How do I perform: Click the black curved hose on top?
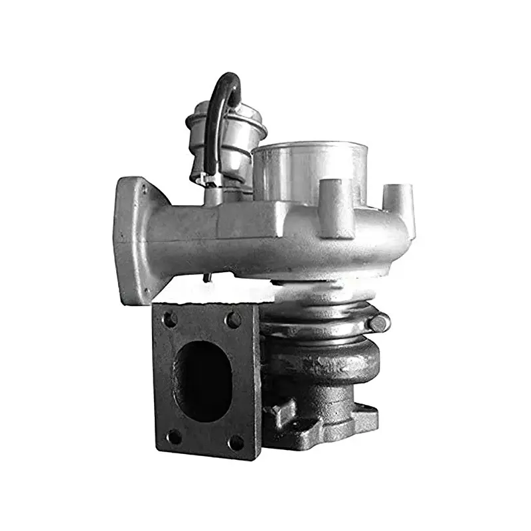(219, 100)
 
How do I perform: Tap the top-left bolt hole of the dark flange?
(170, 319)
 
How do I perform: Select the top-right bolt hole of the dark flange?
(233, 320)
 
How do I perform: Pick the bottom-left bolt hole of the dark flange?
(173, 437)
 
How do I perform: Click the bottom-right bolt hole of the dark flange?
(236, 441)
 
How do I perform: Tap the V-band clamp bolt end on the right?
(379, 324)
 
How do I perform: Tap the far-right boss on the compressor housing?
(398, 199)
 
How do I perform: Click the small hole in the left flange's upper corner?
(143, 190)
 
